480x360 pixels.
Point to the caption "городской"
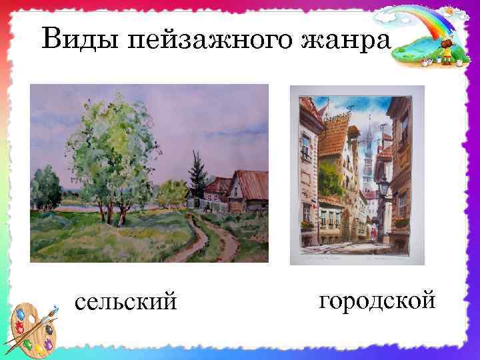click(x=377, y=300)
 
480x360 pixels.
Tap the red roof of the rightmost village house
click(x=250, y=183)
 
